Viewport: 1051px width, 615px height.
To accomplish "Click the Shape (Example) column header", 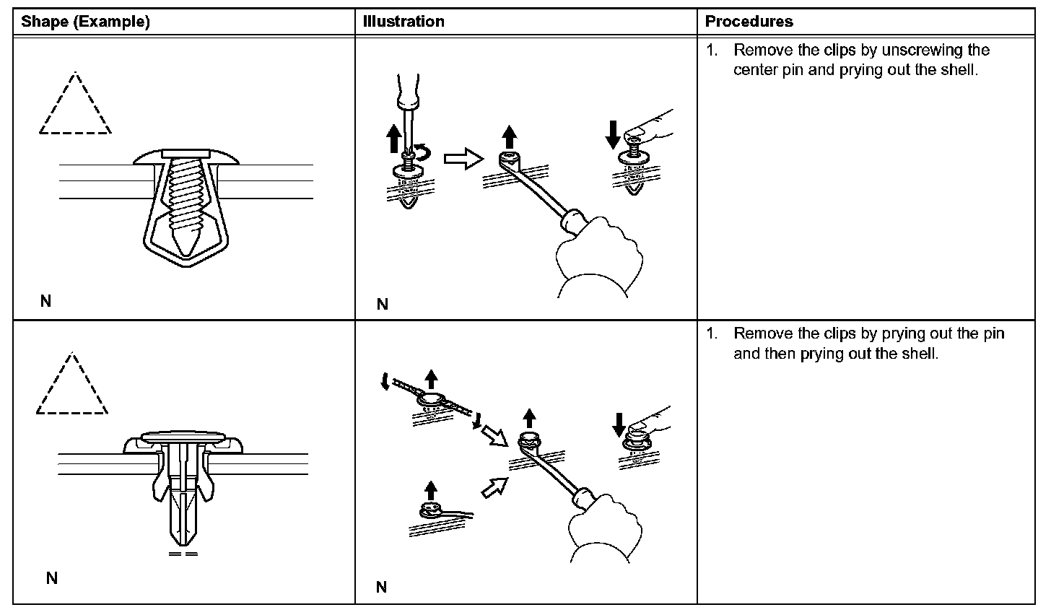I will (85, 22).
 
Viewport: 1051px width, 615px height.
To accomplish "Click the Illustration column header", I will (404, 22).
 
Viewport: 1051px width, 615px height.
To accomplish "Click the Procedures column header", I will (749, 22).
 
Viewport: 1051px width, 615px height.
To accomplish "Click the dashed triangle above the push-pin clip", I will (71, 386).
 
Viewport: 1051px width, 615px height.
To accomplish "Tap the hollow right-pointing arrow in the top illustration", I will (463, 159).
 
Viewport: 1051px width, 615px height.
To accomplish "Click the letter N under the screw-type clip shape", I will (45, 301).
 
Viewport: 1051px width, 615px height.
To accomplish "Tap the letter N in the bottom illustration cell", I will (381, 587).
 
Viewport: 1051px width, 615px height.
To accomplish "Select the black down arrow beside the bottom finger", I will (619, 424).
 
